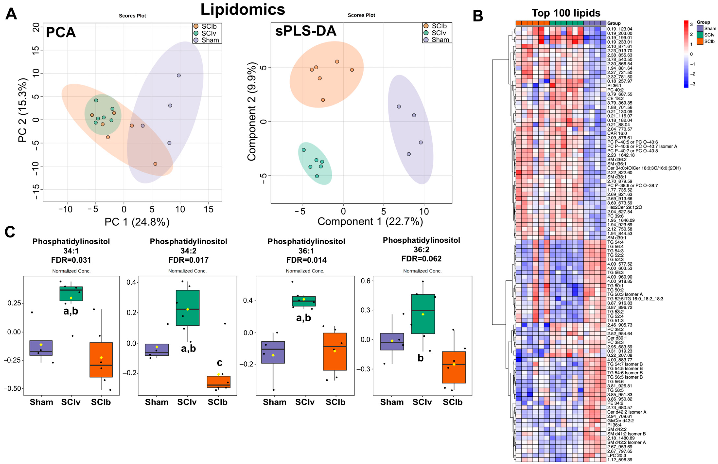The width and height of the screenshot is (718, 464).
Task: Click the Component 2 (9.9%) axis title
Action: [x=252, y=112]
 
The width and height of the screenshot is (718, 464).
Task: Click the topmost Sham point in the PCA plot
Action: [x=179, y=75]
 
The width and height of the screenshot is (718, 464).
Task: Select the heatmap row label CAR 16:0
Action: [x=617, y=133]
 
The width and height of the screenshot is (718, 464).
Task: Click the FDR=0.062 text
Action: [x=421, y=259]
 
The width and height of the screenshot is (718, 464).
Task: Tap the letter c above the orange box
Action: [x=220, y=362]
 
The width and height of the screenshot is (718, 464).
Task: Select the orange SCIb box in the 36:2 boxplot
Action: [x=454, y=367]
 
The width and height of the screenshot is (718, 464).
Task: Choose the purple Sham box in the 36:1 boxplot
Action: [x=273, y=352]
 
